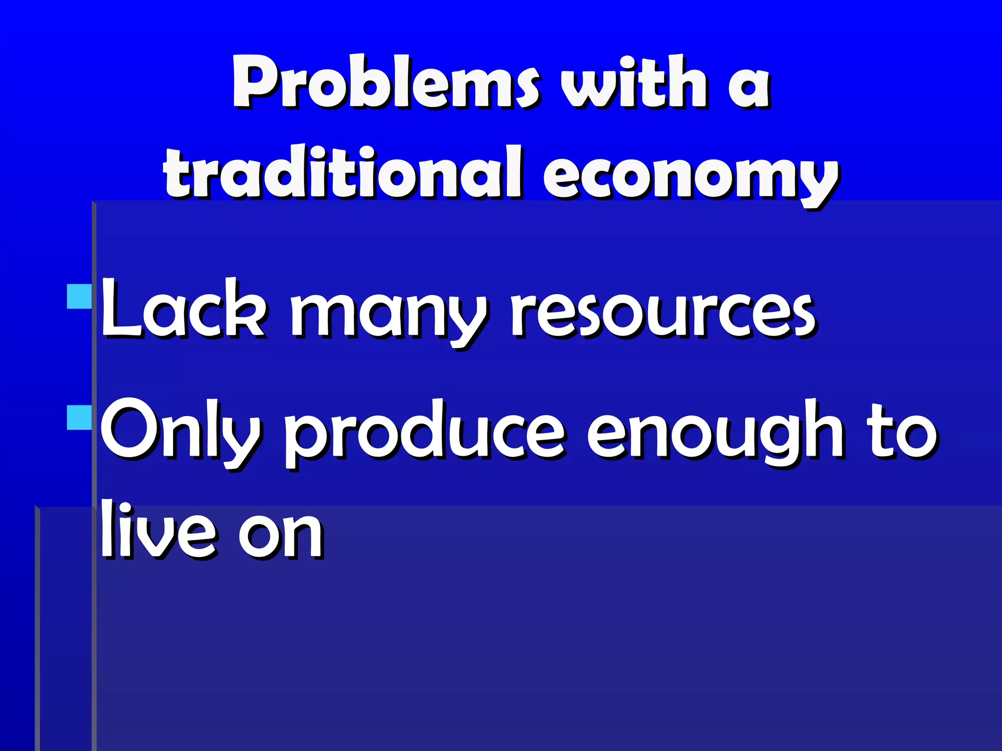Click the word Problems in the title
pyautogui.click(x=387, y=82)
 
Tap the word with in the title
pyautogui.click(x=634, y=82)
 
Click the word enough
pyautogui.click(x=714, y=433)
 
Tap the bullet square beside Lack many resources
pyautogui.click(x=79, y=296)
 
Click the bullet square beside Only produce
pyautogui.click(x=79, y=417)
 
